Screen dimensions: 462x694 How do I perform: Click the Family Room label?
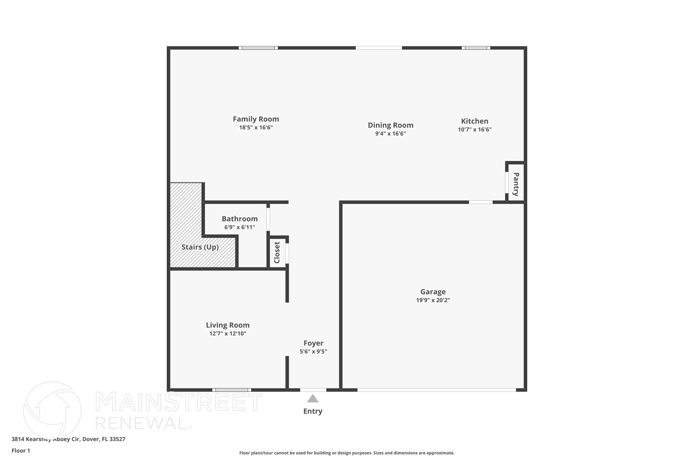[256, 119]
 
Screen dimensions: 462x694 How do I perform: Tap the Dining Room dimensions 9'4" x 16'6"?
[390, 134]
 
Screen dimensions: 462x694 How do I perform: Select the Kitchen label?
[474, 121]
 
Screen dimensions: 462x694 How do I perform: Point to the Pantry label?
[516, 184]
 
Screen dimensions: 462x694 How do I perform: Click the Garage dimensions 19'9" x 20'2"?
[433, 300]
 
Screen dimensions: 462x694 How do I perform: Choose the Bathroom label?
[240, 219]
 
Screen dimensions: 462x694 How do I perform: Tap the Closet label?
[277, 252]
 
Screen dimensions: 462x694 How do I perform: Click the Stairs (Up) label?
[200, 247]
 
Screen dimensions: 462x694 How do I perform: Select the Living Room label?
[228, 325]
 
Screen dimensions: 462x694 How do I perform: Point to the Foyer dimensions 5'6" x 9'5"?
[313, 352]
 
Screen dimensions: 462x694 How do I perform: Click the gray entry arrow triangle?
[312, 399]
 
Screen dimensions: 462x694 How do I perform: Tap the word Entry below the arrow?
[312, 411]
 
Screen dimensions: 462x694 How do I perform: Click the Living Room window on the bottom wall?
[232, 390]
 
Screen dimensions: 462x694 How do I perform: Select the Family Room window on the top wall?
[258, 48]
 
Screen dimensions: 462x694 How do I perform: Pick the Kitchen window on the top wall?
[476, 48]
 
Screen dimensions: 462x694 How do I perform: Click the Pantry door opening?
[507, 183]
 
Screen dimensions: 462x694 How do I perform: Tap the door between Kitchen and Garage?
[481, 202]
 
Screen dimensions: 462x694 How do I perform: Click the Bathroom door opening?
[268, 219]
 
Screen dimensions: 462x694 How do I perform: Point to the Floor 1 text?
[21, 451]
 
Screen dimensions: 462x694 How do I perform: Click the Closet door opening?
[287, 253]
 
